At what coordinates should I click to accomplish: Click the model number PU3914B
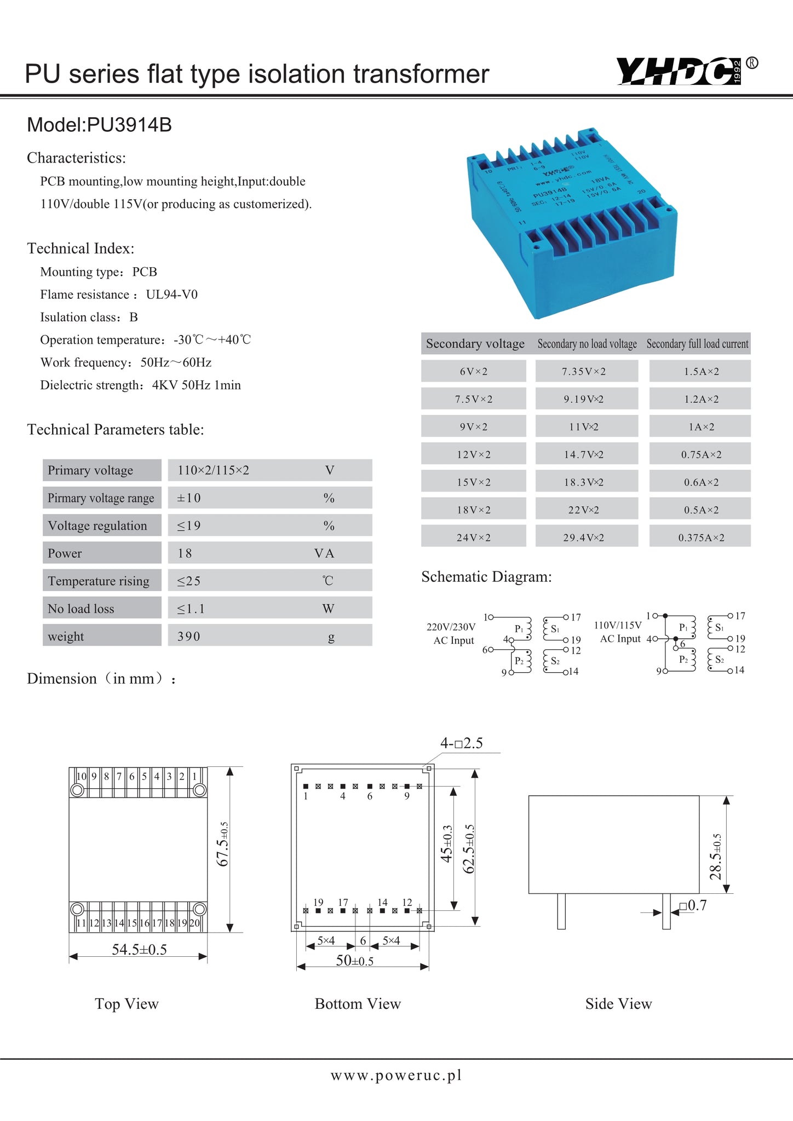pos(129,125)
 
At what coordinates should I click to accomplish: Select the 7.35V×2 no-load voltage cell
pos(584,372)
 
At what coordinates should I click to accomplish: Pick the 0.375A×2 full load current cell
pos(700,538)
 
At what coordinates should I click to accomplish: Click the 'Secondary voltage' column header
pos(475,344)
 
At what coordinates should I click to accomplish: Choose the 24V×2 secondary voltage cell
pos(474,538)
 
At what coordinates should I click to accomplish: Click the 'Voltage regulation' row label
pos(97,526)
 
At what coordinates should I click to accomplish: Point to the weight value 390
pos(189,637)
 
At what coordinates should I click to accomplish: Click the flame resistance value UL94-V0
pos(171,294)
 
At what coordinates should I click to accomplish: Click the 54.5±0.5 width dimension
pos(139,950)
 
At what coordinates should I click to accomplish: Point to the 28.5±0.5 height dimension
pos(715,857)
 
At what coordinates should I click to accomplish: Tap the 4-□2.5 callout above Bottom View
pos(461,743)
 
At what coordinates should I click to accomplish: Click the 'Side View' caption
pos(618,1004)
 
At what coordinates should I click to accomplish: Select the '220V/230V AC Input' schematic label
pos(451,633)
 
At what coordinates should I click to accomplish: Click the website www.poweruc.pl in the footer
pos(396,1075)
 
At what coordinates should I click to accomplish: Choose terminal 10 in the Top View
pos(81,776)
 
